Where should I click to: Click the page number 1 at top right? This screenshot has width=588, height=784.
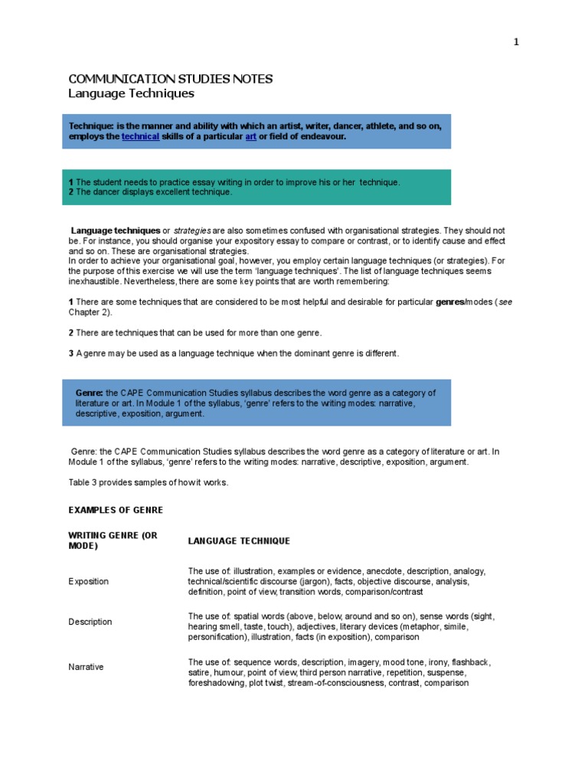click(516, 42)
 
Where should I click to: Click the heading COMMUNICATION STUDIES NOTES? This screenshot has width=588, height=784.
click(170, 79)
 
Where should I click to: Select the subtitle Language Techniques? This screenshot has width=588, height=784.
click(131, 93)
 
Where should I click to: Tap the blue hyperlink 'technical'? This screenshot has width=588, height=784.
click(140, 136)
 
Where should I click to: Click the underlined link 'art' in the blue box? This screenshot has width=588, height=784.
click(250, 136)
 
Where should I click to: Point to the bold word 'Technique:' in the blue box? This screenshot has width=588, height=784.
click(91, 126)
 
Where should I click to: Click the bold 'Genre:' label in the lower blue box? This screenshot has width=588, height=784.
click(90, 393)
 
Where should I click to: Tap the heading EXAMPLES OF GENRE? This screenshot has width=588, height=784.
click(116, 510)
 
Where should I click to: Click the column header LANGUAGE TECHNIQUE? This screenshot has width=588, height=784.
click(239, 541)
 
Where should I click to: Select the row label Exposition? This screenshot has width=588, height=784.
click(89, 582)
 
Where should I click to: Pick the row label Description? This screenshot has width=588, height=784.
click(90, 622)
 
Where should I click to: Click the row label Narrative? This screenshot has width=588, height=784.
click(87, 667)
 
